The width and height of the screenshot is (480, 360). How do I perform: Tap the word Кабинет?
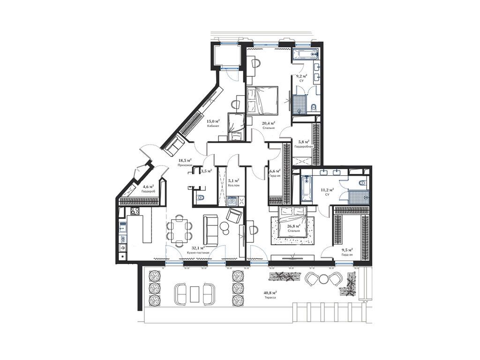coord(213,126)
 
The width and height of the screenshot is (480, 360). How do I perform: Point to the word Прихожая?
coord(184,165)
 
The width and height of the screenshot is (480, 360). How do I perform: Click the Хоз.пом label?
coord(233,185)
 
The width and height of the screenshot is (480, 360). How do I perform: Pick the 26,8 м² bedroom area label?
coord(294,225)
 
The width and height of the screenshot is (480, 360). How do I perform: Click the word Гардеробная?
coord(303,146)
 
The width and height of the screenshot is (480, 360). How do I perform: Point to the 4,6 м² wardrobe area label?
coord(148,186)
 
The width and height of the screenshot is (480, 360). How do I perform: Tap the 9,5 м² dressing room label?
coord(347,250)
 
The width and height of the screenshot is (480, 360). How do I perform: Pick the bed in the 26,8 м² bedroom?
coord(293,221)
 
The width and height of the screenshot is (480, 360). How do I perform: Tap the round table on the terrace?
coord(323,279)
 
